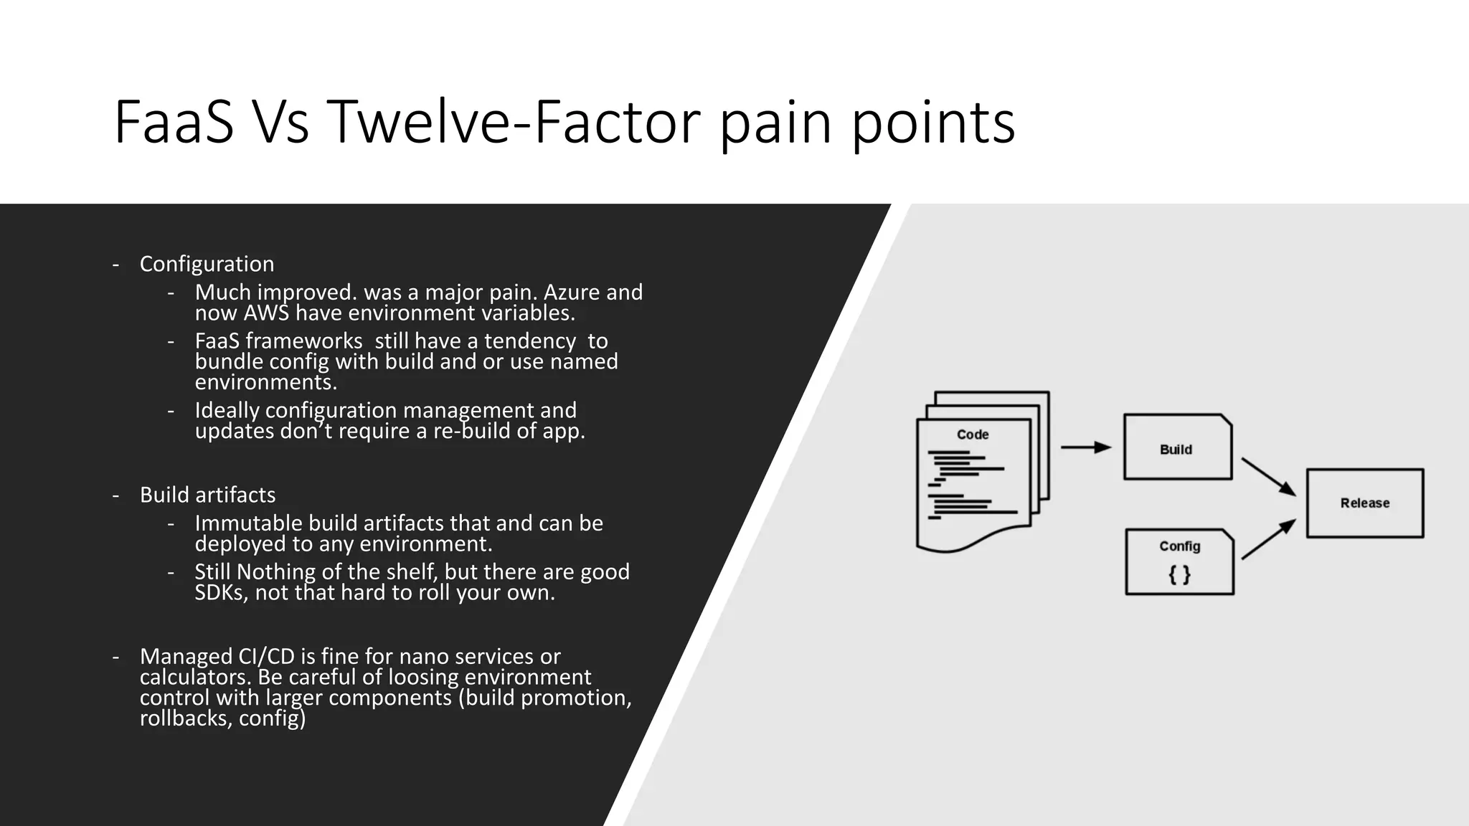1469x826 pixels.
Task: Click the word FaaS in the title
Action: coord(174,123)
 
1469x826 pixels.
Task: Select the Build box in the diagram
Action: coord(1177,448)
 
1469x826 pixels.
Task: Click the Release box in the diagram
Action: coord(1364,503)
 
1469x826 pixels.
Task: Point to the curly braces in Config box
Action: coord(1179,574)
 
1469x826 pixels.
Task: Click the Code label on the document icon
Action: coord(973,435)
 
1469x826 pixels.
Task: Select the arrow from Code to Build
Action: coord(1085,447)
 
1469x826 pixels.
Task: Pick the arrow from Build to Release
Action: coord(1268,477)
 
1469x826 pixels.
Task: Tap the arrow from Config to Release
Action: coord(1268,539)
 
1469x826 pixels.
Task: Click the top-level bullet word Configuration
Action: coord(207,264)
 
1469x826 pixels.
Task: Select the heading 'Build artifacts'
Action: coord(207,495)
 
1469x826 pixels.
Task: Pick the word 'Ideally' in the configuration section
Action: coord(227,410)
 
